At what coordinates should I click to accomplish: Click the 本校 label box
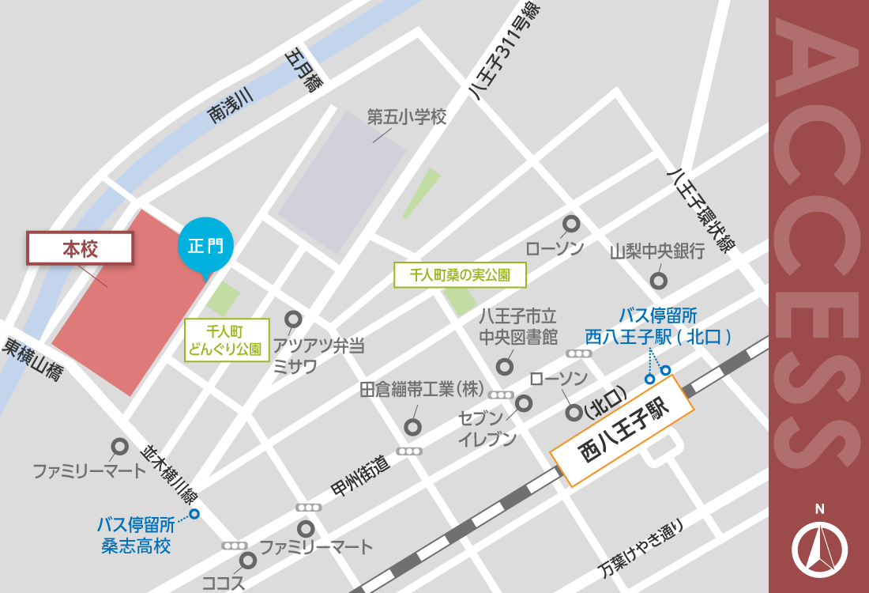(79, 248)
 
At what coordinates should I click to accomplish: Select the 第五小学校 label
(407, 118)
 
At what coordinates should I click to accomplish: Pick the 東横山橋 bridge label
(32, 361)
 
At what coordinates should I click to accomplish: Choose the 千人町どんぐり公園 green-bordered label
(228, 340)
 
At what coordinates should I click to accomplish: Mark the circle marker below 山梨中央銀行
(657, 280)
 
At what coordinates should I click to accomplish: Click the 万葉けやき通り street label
(640, 550)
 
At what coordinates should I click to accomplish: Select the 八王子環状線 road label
(699, 209)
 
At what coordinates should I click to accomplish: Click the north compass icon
(819, 548)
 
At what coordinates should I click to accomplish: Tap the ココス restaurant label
(224, 584)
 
